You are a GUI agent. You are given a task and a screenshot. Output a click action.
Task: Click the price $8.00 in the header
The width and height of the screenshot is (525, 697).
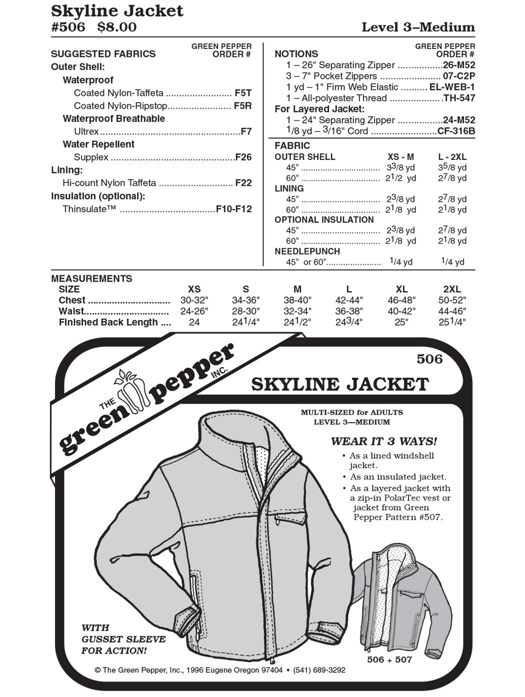point(116,27)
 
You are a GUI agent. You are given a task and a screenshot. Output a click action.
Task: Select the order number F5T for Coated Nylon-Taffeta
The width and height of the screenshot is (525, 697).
point(243,93)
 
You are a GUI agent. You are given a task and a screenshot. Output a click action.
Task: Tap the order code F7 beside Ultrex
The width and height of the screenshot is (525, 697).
point(246,132)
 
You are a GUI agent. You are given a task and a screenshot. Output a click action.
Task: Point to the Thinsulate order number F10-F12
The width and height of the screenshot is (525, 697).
point(233,209)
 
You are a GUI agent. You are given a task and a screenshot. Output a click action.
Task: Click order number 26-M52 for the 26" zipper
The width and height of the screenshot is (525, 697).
point(459,65)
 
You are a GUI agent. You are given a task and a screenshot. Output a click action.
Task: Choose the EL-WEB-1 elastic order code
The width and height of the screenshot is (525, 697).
point(452,87)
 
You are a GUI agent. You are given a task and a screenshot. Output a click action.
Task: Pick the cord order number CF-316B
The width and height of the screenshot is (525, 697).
point(456,131)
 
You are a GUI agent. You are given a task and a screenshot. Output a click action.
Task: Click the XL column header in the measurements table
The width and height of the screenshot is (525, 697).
point(401,289)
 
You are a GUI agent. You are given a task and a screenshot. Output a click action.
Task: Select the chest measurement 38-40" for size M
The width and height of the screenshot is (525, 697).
point(297,300)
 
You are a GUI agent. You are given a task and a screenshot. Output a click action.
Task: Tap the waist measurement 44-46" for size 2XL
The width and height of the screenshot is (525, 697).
point(451,311)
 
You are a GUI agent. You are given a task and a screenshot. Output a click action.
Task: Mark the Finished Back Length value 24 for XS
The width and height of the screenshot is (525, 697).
point(194,322)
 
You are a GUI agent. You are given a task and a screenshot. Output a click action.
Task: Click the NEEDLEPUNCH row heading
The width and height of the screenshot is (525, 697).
point(307,251)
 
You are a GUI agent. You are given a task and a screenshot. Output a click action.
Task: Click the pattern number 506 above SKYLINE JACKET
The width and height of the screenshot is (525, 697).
point(429,359)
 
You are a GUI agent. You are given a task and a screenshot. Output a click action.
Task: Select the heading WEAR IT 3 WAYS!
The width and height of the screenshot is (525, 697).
point(383,441)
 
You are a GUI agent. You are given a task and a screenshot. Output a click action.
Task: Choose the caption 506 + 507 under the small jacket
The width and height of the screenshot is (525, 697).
point(389,660)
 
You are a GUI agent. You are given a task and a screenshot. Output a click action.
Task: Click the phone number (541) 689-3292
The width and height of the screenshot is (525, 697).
point(319,670)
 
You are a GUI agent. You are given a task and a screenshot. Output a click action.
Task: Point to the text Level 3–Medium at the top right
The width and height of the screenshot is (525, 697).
point(418,27)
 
